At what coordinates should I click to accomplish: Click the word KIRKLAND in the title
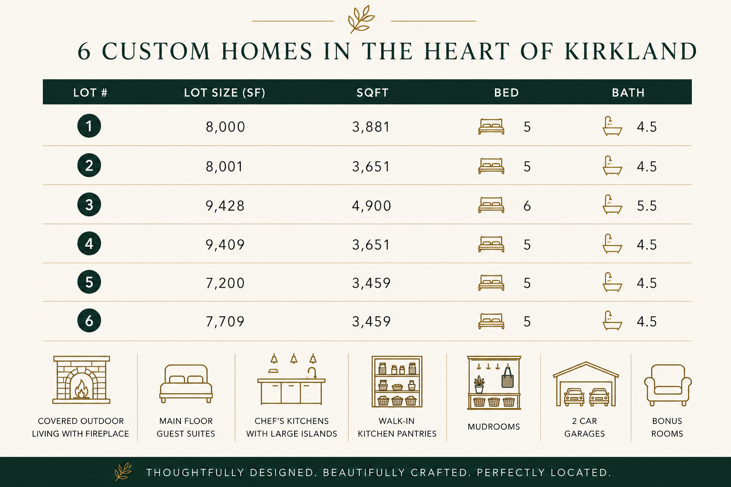click(631, 51)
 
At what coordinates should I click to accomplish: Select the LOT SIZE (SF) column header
click(225, 93)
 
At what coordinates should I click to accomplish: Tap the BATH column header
click(628, 93)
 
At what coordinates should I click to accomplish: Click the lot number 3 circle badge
click(89, 205)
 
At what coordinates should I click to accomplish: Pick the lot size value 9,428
click(225, 206)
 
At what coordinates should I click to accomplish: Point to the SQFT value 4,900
click(371, 206)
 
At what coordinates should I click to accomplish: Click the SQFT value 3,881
click(371, 127)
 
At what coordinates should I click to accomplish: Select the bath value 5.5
click(646, 206)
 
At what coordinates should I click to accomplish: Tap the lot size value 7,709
click(225, 321)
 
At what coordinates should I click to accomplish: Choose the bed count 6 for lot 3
click(527, 206)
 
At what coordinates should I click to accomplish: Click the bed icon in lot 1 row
click(491, 127)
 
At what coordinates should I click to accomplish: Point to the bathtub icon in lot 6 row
click(612, 321)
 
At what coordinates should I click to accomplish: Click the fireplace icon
click(81, 380)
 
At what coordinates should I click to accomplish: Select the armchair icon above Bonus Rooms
click(668, 385)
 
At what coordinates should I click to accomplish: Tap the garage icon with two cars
click(586, 384)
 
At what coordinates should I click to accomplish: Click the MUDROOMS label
click(494, 427)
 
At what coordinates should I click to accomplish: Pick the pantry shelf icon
click(397, 381)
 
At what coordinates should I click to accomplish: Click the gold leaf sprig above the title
click(361, 19)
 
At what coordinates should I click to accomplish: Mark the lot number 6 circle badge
click(89, 321)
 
